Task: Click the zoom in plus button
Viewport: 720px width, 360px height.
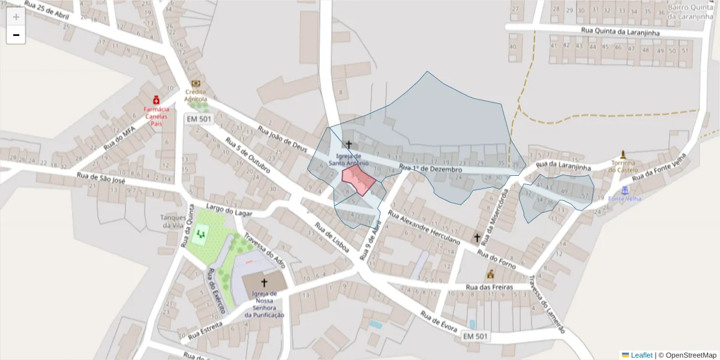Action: coord(16,17)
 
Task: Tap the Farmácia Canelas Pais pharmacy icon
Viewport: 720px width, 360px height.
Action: coord(156,100)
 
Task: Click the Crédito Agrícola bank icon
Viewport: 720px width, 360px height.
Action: coord(196,85)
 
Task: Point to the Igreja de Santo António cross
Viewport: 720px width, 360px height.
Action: coord(349,145)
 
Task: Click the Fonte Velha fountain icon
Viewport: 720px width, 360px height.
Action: coord(625,190)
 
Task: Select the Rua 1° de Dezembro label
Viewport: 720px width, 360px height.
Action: coord(430,169)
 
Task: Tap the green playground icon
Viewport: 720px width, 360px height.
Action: coord(201,234)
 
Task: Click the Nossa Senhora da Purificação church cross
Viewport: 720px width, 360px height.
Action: coord(263,282)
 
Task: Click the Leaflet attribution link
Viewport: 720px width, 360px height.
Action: coord(641,355)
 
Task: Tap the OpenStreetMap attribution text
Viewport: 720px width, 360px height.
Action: coord(691,355)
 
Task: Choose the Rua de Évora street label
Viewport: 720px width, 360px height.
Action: coord(439,322)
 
